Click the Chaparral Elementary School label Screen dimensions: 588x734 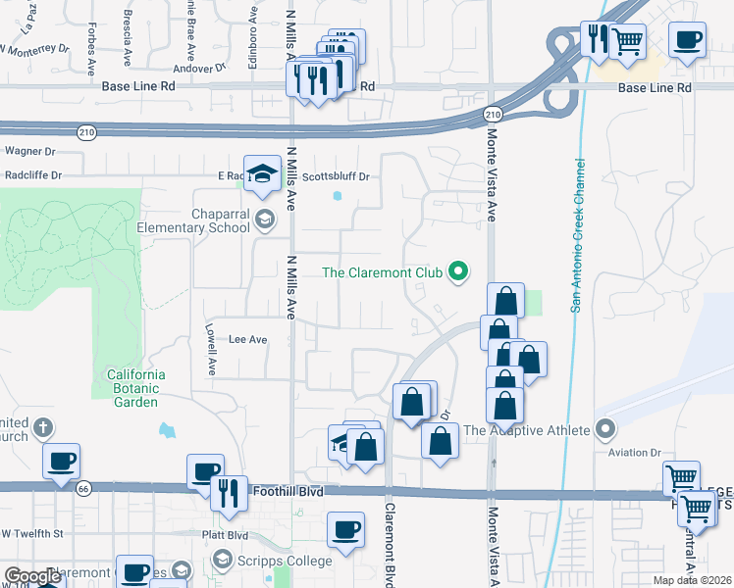point(202,220)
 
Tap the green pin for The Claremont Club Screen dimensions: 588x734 point(457,271)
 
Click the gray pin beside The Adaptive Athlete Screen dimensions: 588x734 point(605,429)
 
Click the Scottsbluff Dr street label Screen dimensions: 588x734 point(335,177)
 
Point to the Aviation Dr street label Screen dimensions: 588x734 point(635,452)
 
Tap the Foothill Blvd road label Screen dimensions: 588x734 point(287,490)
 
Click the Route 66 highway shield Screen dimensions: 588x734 point(83,486)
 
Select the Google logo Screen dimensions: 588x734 point(33,575)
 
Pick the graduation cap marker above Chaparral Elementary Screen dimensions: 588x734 point(262,174)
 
